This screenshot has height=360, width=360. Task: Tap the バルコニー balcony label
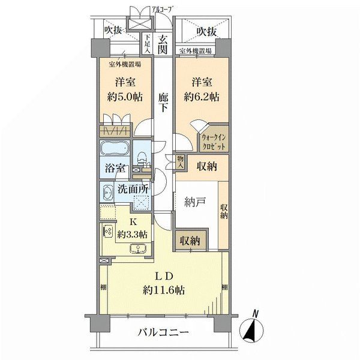[163, 332]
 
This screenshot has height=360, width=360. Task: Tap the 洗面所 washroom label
[133, 189]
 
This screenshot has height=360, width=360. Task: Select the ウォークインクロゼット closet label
[214, 142]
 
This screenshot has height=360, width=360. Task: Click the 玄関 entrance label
[163, 44]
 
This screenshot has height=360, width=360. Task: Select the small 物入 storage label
[179, 161]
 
